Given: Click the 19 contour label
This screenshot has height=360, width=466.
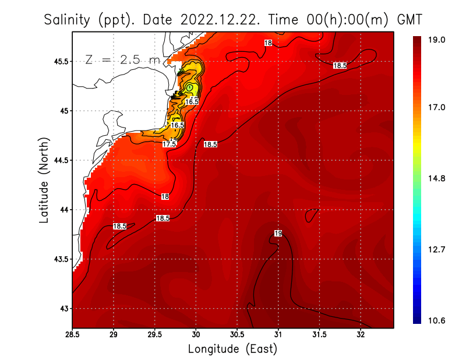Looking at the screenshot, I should pos(278,234).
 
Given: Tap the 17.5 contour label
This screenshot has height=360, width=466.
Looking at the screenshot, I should pos(170,144).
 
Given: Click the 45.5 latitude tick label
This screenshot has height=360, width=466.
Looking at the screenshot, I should pos(58,61).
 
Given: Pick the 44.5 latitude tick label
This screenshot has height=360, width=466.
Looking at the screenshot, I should pos(58,160).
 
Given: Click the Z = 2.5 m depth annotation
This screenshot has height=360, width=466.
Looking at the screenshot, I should pos(122,60).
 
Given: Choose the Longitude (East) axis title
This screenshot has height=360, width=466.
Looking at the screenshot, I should pos(232,349).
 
